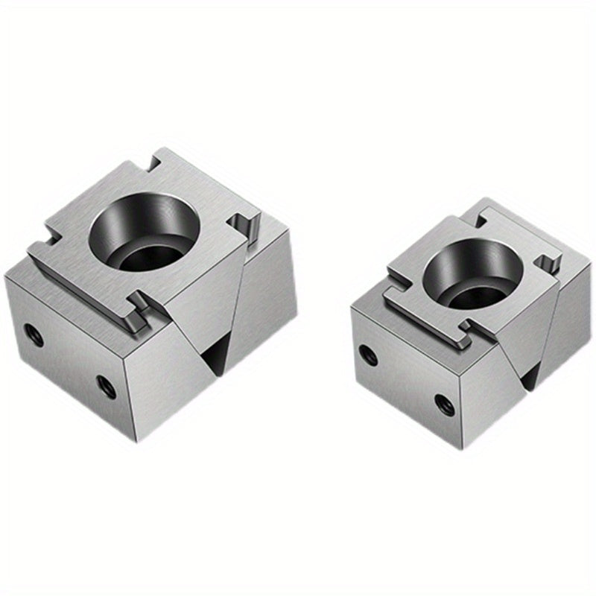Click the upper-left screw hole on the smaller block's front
point(367,355)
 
